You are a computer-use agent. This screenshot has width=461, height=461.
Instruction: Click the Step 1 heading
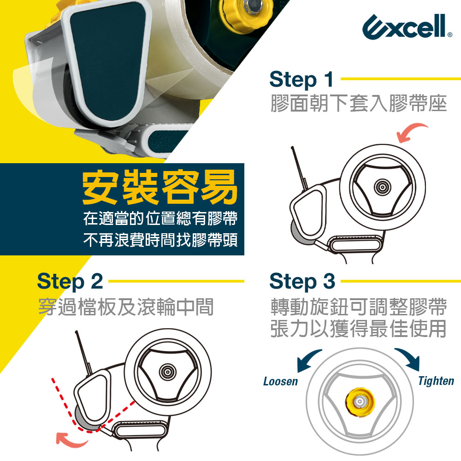pos(301,79)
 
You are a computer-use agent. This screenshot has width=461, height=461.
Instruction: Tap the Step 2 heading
pos(70,281)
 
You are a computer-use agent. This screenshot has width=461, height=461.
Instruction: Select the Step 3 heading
pos(302,281)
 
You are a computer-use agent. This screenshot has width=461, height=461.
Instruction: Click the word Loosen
pos(280,381)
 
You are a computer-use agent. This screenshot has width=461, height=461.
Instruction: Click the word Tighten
pos(436,381)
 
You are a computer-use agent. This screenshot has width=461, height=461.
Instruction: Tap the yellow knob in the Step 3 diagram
pos(360,402)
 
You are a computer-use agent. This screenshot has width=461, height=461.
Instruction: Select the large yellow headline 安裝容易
pos(160,187)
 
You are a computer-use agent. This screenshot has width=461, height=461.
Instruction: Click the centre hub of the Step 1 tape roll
pos(382,186)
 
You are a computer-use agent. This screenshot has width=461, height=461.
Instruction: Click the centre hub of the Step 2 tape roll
pos(167,372)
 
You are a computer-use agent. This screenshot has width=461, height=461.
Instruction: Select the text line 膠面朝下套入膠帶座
pos(359,103)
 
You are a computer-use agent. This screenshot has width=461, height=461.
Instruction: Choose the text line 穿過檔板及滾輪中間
pos(126,307)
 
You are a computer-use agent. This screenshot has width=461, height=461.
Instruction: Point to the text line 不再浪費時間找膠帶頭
pos(160,240)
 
